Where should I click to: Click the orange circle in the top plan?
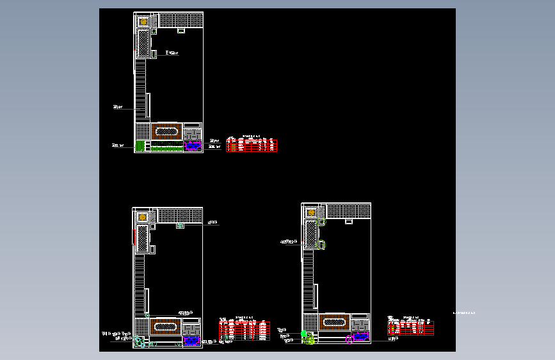click(144, 21)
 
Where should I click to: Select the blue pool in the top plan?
click(193, 146)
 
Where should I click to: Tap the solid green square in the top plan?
click(140, 146)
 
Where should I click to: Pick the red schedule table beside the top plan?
click(252, 145)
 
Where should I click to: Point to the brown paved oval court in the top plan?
click(166, 131)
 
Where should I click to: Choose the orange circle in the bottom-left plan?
click(143, 217)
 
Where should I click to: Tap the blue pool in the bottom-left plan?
click(191, 341)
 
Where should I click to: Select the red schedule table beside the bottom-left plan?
click(244, 330)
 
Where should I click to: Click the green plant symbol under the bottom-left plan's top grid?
click(181, 225)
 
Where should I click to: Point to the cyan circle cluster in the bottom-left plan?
click(140, 342)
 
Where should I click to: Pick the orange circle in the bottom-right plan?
click(312, 213)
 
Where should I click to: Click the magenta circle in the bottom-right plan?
click(350, 339)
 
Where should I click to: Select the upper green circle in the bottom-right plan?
click(322, 222)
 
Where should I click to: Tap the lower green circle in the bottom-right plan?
click(322, 245)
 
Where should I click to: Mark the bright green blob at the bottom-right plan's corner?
click(308, 338)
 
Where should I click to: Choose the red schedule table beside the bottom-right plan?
click(411, 328)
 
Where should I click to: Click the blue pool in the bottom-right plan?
click(361, 336)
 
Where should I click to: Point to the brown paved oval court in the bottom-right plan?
click(335, 322)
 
